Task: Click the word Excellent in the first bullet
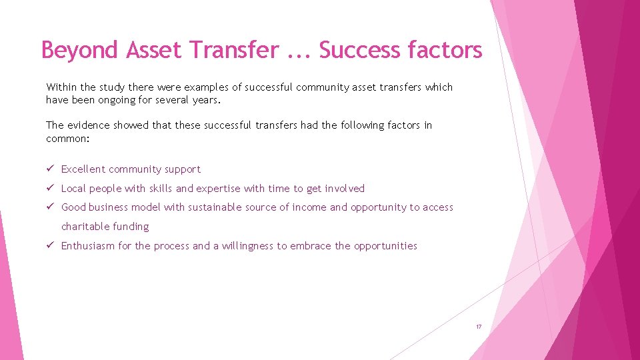click(x=83, y=169)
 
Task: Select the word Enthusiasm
click(x=88, y=246)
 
